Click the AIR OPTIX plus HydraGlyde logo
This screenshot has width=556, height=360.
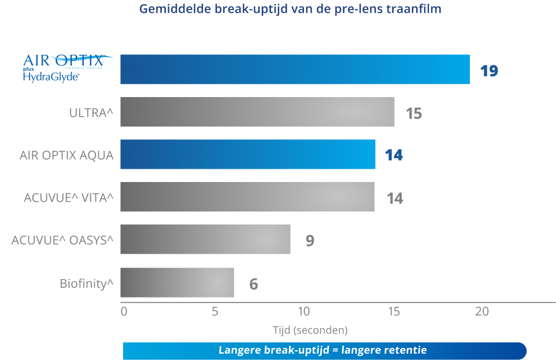(68, 68)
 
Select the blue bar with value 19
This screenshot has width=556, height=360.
(295, 69)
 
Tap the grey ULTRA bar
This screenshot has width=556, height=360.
(257, 112)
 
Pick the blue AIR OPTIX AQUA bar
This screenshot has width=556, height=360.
(248, 154)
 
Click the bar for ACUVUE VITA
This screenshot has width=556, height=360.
(247, 197)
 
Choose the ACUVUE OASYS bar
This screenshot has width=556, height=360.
(205, 239)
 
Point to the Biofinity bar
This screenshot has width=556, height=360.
(177, 283)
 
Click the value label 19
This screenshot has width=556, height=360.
(490, 71)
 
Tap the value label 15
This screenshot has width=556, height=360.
(414, 113)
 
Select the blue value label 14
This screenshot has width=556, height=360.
(394, 155)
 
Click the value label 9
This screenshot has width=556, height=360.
(310, 240)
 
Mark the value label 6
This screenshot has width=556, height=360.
(254, 284)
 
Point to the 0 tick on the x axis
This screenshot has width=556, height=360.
(124, 311)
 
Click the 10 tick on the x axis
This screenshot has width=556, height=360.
(304, 311)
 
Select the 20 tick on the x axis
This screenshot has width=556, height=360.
(482, 311)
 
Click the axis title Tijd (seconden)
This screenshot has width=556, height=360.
(310, 330)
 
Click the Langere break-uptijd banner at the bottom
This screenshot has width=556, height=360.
(324, 351)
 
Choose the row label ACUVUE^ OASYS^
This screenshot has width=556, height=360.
(62, 240)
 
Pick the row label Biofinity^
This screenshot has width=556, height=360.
(87, 283)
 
